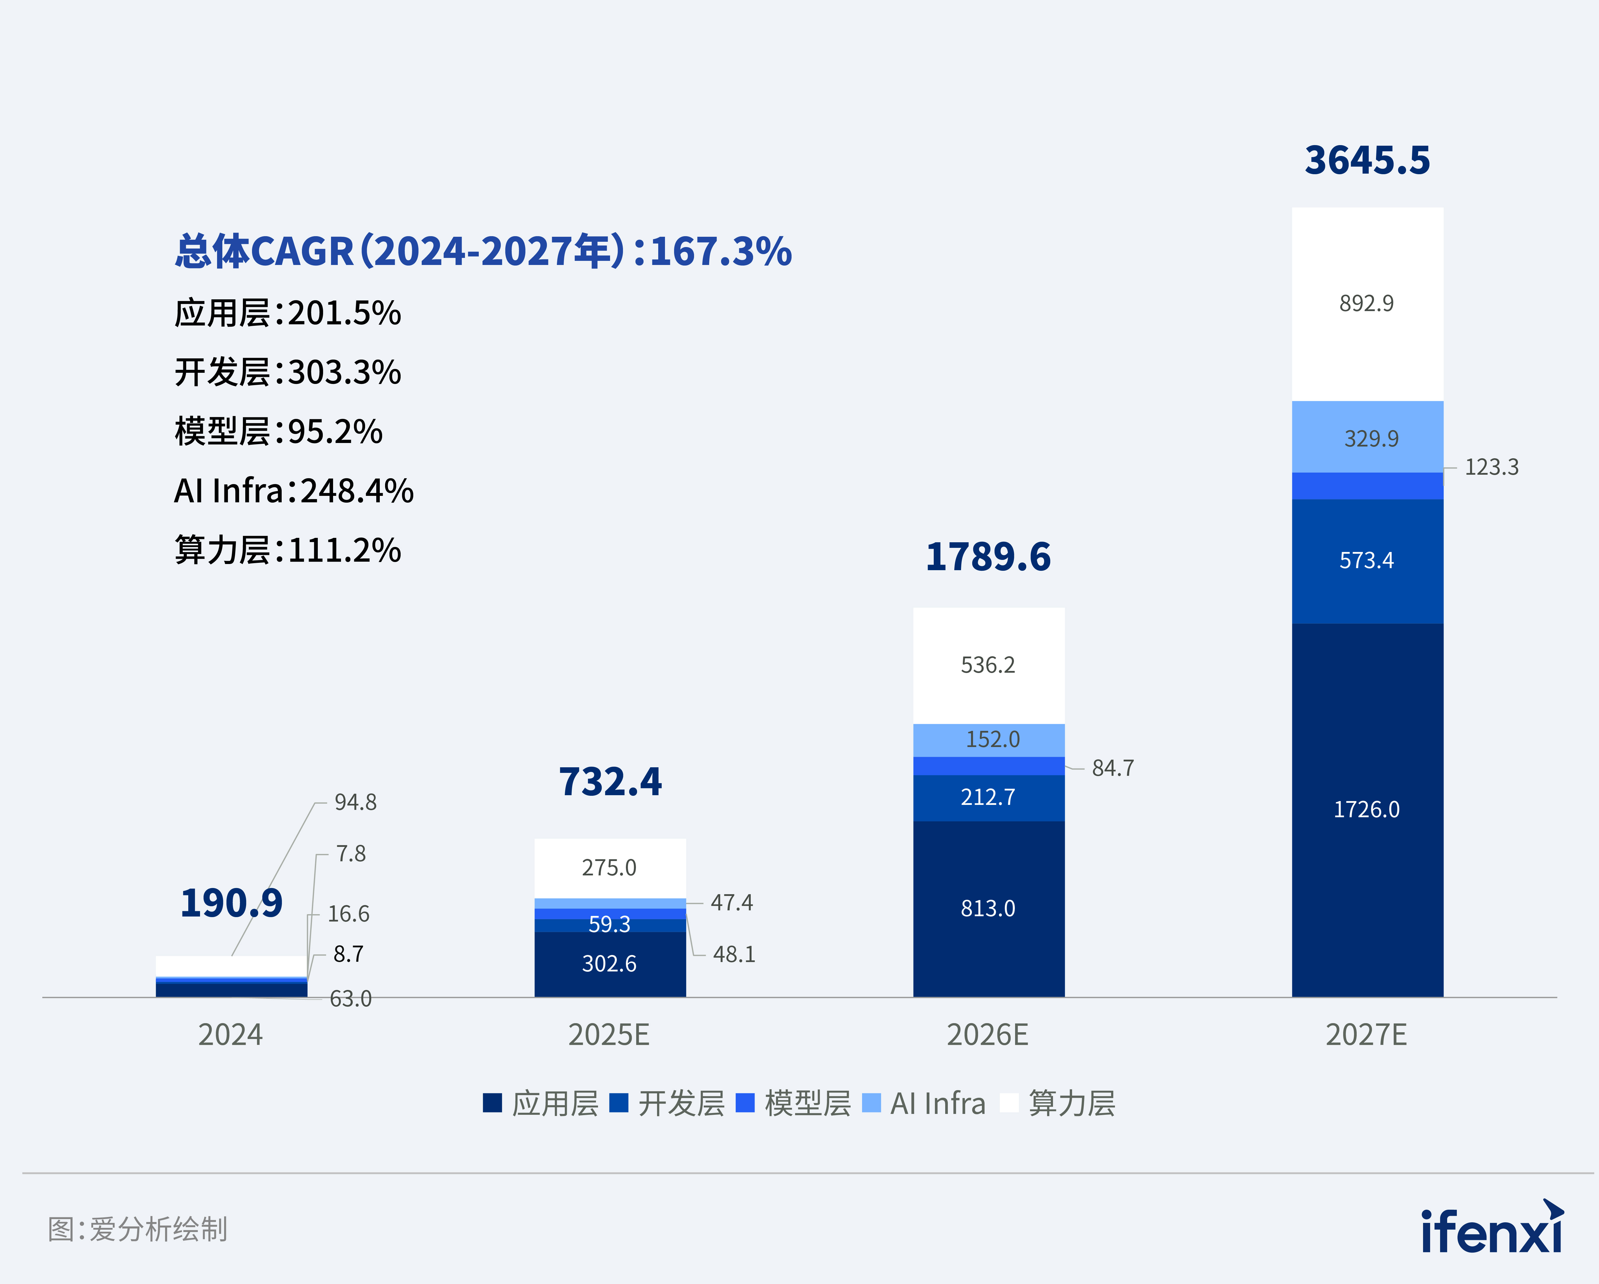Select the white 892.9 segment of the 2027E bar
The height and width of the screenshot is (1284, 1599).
[1367, 304]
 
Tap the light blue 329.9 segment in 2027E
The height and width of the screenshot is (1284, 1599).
[1367, 438]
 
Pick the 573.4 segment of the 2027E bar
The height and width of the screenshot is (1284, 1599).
[1367, 561]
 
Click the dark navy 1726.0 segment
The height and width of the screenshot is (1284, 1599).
[1367, 809]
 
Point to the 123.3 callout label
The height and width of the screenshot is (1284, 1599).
[1491, 467]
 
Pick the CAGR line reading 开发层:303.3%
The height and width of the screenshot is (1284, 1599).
[288, 372]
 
